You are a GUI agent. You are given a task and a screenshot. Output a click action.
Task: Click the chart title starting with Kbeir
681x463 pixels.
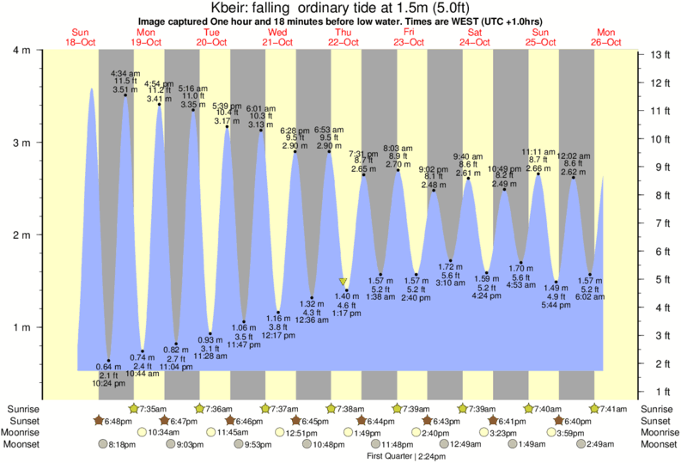[x=341, y=8]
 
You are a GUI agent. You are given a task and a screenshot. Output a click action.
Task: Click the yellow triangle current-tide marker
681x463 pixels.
[x=344, y=281]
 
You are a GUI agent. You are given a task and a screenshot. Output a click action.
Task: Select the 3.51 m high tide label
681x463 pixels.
[x=125, y=88]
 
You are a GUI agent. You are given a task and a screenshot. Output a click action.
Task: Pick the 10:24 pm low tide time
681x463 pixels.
[x=107, y=384]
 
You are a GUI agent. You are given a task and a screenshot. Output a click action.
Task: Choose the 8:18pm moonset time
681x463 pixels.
[x=124, y=445]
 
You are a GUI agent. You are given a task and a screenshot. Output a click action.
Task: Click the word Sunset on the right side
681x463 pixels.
[x=657, y=421]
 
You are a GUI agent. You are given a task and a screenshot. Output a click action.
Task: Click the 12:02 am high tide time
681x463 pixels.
[x=573, y=156]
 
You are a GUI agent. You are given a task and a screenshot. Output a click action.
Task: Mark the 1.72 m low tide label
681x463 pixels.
[x=450, y=267]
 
